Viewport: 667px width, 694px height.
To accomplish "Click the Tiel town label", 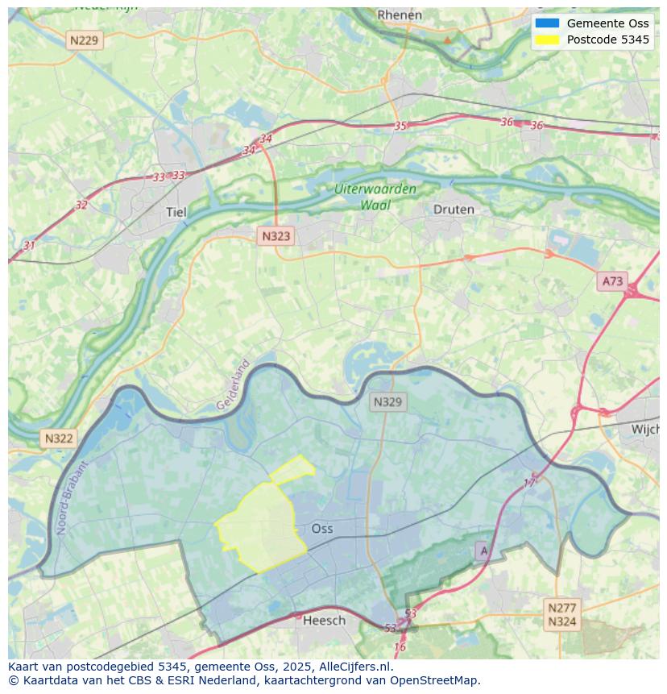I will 176,212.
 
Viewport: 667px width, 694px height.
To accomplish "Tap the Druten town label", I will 454,210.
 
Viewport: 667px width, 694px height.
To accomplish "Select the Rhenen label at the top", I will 400,15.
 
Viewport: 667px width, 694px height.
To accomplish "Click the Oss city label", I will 322,529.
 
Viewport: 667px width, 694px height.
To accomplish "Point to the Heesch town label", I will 324,620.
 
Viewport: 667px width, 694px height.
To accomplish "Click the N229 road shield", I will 85,39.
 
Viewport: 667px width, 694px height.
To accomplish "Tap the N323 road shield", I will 275,236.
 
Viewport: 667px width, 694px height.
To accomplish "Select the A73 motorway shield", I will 612,281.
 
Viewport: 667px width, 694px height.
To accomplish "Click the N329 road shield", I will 388,401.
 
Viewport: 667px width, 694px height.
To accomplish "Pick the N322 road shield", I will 59,438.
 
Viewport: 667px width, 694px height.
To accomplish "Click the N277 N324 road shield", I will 561,614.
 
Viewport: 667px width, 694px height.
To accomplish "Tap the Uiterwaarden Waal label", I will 376,197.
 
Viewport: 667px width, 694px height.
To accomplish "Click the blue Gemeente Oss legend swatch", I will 547,23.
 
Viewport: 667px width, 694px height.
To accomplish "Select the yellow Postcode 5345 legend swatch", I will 547,39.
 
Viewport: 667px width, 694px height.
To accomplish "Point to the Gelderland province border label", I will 234,384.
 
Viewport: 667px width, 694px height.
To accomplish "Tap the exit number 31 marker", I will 30,245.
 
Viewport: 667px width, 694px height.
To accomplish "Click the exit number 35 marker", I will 400,126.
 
